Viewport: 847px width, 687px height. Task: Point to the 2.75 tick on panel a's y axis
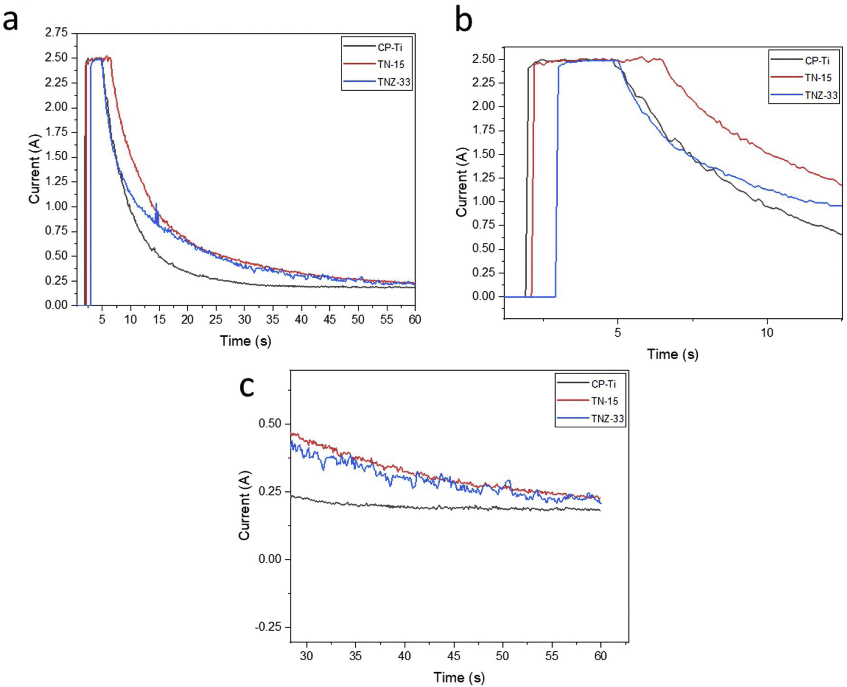(56, 33)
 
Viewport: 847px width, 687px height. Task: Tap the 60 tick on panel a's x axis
(415, 319)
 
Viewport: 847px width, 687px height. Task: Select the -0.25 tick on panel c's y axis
(270, 627)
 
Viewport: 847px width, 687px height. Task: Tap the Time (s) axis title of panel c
(459, 678)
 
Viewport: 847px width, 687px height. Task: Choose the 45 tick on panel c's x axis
(454, 656)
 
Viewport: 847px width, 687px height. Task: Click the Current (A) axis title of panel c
(245, 505)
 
